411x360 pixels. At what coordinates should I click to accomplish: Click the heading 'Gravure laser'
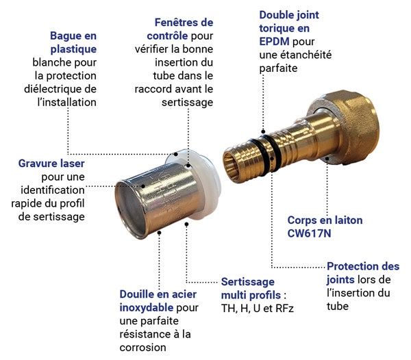point(51,164)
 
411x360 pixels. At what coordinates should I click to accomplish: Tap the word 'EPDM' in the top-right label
point(275,42)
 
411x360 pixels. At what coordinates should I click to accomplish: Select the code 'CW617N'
point(310,233)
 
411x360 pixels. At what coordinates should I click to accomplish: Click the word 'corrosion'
point(143,348)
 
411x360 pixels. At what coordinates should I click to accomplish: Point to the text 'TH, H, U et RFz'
point(258,309)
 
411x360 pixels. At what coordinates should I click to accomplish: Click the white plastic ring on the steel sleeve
point(199,183)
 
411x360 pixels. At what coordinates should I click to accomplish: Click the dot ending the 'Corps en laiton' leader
point(327,158)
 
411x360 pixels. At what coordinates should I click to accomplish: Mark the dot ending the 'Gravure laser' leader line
point(143,186)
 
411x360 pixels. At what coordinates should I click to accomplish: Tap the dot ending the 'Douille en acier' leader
point(159,232)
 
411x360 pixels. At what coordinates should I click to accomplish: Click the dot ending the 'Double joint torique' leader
point(263,131)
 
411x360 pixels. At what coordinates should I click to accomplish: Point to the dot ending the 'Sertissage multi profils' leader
point(186,224)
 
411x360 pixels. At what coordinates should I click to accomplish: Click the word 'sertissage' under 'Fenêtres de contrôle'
point(188,103)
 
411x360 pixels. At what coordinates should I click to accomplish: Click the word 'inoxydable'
point(147,307)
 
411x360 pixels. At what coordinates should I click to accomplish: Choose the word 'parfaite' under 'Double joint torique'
point(278,68)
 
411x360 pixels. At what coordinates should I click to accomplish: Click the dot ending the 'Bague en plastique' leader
point(176,154)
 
